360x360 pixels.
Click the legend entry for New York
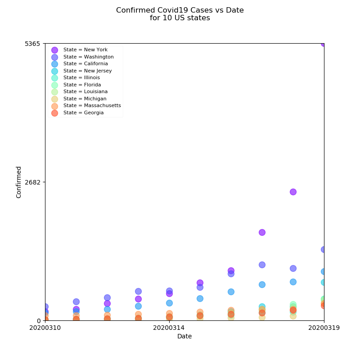[x=85, y=50]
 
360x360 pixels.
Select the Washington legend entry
[x=88, y=57]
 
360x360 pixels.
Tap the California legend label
[x=85, y=64]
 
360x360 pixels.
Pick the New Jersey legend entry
[x=87, y=71]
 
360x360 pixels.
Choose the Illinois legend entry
[x=81, y=78]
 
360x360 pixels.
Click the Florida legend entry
[x=82, y=85]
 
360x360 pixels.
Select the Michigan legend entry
[x=85, y=99]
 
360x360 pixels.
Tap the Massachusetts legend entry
[x=92, y=106]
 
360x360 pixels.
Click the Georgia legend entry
[x=83, y=112]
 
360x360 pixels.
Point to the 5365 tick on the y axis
[x=32, y=44]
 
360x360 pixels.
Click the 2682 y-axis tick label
[x=32, y=182]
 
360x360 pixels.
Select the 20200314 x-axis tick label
[x=169, y=328]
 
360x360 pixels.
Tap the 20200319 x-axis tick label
[x=324, y=328]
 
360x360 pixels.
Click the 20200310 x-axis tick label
[x=45, y=328]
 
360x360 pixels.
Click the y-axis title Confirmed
[x=19, y=182]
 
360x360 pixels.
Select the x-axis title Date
[x=184, y=337]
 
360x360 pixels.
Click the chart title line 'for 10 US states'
[x=180, y=18]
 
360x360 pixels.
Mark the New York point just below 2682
[x=293, y=192]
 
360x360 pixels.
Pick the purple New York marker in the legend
[x=54, y=50]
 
